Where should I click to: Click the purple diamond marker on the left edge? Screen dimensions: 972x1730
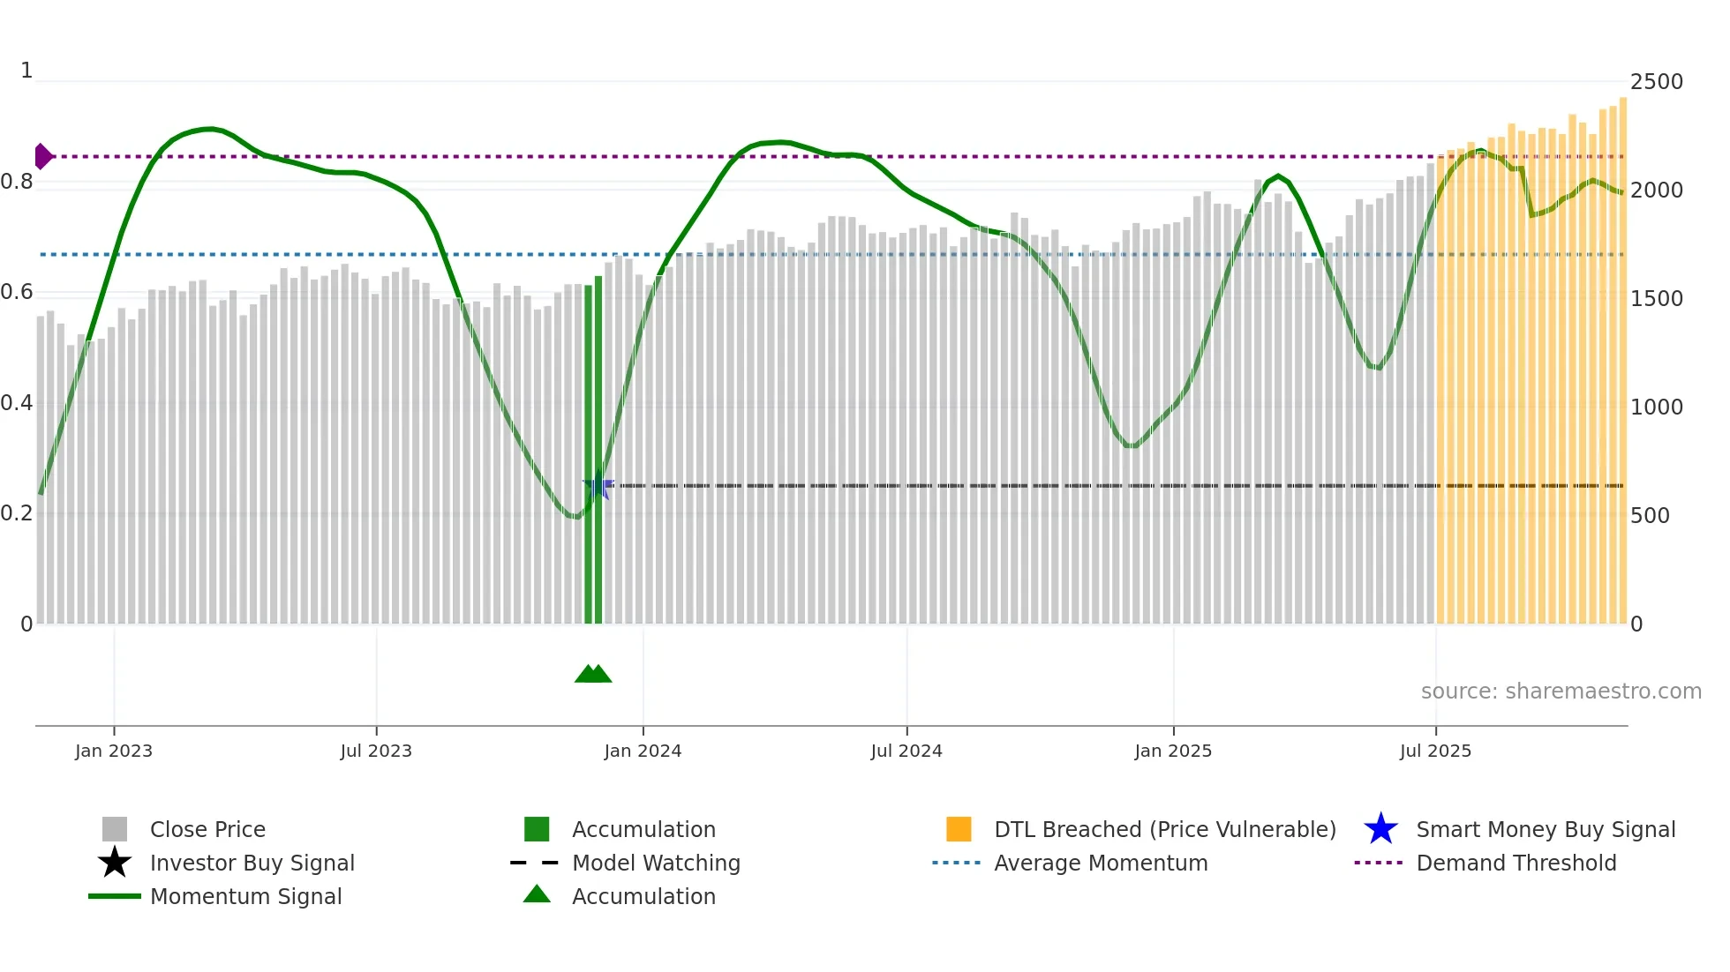(x=42, y=156)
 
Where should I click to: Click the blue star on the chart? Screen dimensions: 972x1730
(x=598, y=485)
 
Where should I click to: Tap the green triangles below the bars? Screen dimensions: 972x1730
(x=593, y=674)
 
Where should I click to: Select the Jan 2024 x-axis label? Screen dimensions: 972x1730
(x=643, y=751)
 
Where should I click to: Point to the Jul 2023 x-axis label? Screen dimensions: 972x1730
(x=376, y=751)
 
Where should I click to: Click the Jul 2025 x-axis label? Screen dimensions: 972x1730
(x=1435, y=751)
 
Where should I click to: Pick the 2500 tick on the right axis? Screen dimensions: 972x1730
(x=1656, y=82)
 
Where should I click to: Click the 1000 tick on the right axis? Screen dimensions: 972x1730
(x=1656, y=407)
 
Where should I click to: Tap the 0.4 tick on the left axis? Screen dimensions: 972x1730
(x=18, y=403)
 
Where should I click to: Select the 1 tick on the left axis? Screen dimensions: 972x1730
(x=26, y=71)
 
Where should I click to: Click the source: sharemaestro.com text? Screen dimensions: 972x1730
(x=1561, y=691)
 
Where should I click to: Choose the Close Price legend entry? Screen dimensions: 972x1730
(x=207, y=829)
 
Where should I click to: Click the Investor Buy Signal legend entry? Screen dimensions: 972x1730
(x=252, y=863)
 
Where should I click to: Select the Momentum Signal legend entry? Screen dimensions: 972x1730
(x=245, y=896)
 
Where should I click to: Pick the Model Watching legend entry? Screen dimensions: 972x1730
(x=656, y=863)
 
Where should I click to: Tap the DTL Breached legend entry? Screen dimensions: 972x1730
(x=1164, y=829)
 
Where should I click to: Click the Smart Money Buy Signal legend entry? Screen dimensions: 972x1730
(x=1545, y=829)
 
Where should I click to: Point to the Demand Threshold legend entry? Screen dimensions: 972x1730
(x=1516, y=863)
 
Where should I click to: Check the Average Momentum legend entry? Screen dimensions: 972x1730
(x=1100, y=863)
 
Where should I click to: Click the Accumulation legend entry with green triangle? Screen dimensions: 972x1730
(x=643, y=896)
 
